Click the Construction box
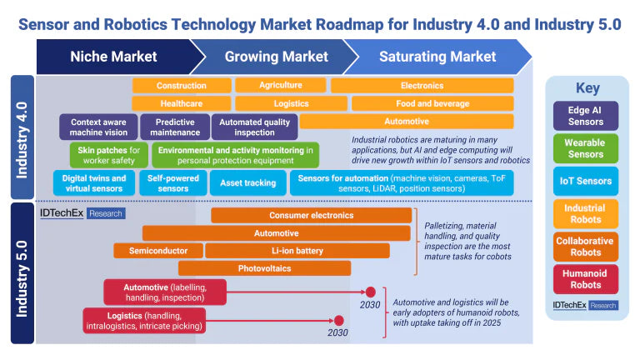[181, 86]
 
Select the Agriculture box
[280, 86]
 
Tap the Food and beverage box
[432, 104]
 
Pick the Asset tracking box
[247, 182]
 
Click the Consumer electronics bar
[311, 216]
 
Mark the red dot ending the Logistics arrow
[339, 320]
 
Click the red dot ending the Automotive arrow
[371, 292]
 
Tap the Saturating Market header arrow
[437, 57]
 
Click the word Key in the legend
[587, 88]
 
